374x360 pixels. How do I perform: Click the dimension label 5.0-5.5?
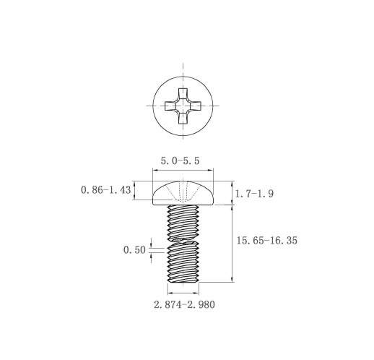click(180, 160)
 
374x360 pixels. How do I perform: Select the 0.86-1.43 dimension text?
click(106, 190)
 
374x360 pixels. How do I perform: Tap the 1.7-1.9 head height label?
click(254, 194)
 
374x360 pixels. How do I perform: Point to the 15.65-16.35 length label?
click(267, 241)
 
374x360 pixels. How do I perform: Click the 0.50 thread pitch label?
click(134, 250)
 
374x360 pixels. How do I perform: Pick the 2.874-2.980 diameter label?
click(184, 304)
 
